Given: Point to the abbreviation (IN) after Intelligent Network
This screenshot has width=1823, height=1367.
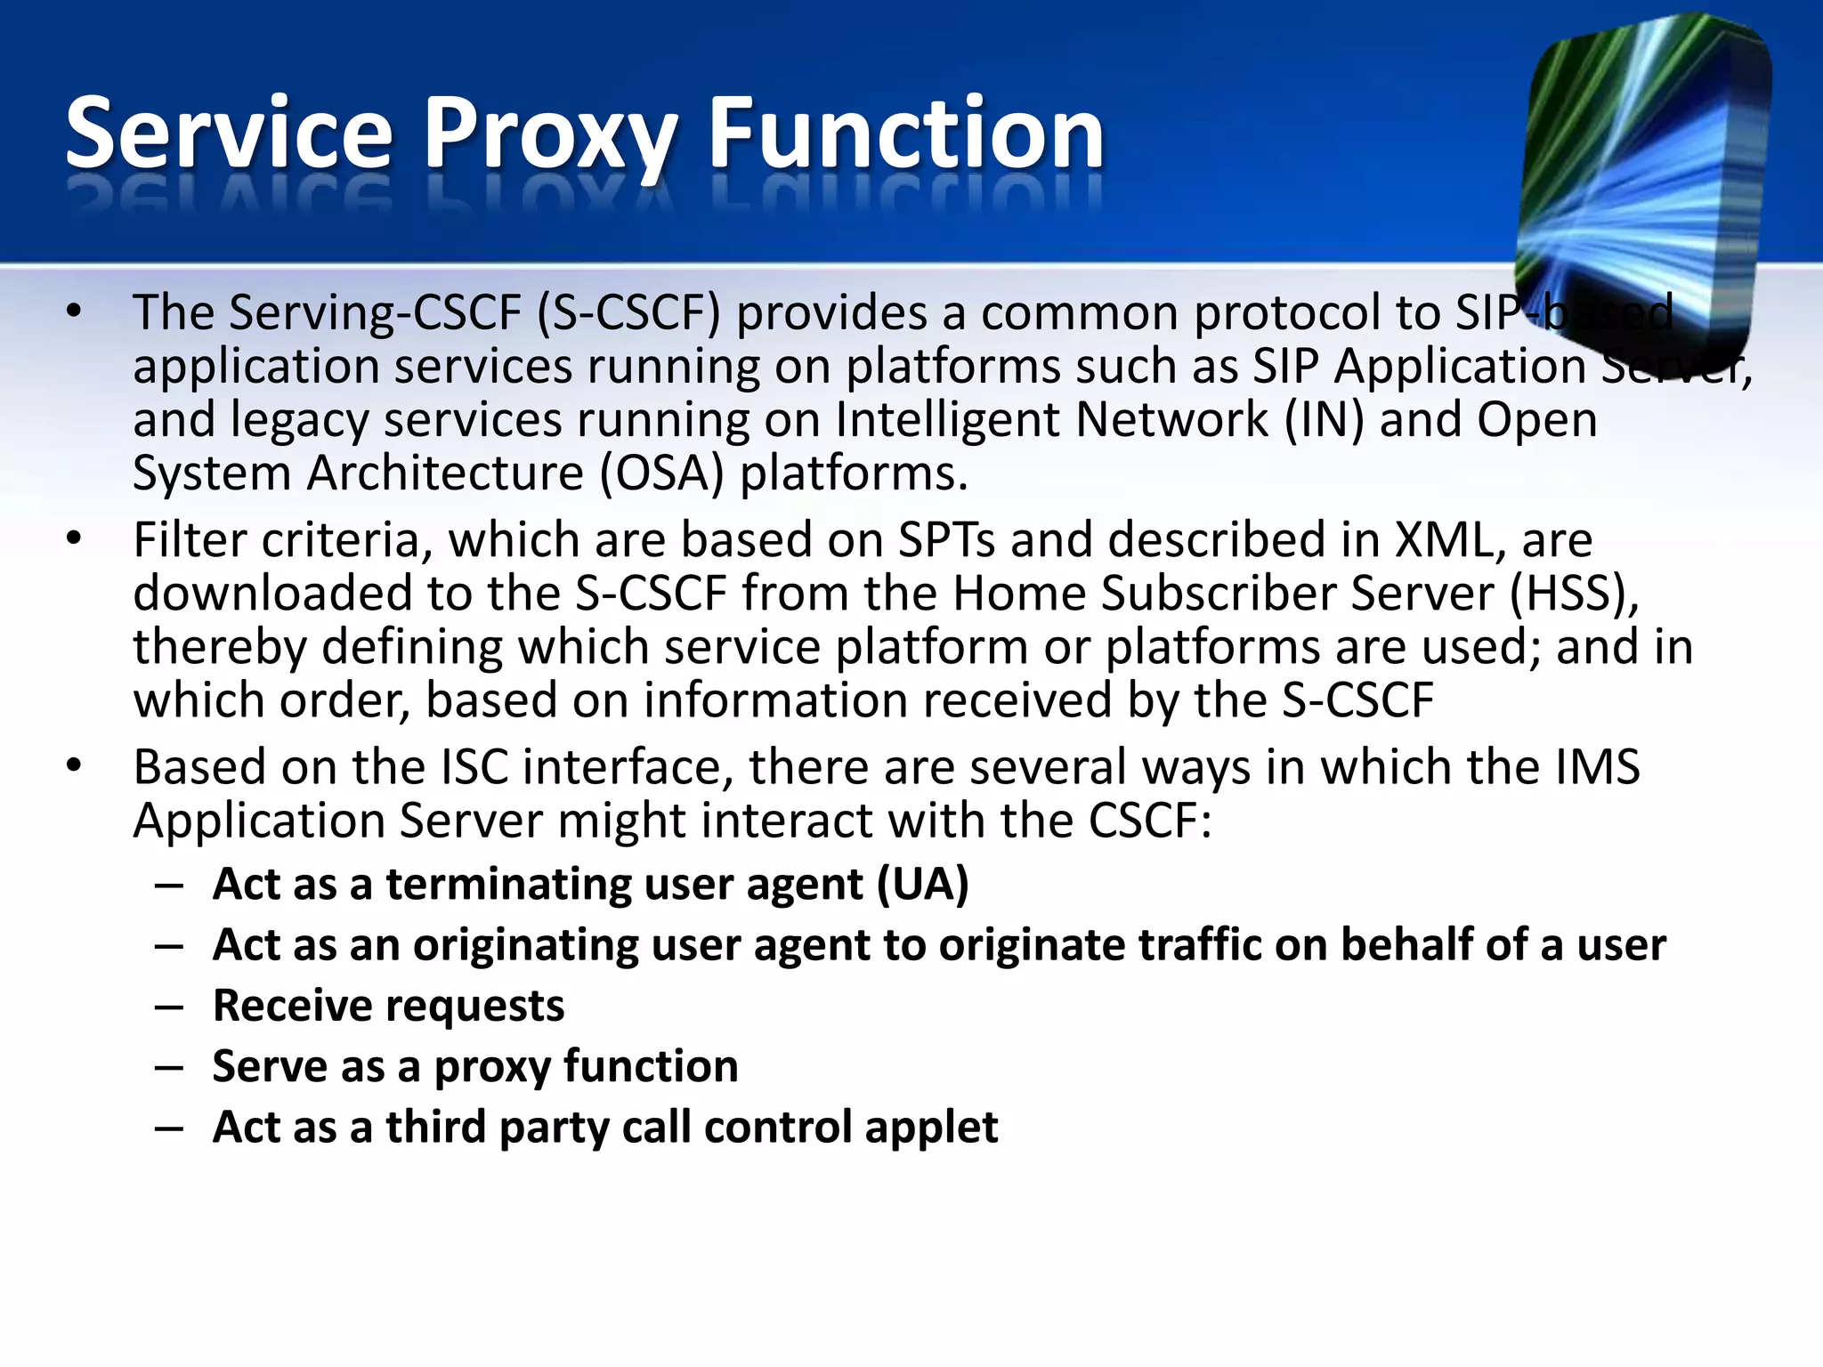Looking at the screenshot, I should tap(1324, 419).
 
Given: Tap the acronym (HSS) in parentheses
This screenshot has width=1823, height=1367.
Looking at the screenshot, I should tap(1574, 593).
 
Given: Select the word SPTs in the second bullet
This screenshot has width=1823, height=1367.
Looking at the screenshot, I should tap(946, 539).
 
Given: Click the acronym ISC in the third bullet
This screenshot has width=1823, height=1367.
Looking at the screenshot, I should tap(474, 766).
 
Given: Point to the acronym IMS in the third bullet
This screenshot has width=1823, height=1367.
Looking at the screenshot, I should tap(1598, 766).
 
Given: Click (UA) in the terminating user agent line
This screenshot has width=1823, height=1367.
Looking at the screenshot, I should tap(922, 884).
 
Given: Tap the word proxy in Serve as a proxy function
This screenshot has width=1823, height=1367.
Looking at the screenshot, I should tap(491, 1067).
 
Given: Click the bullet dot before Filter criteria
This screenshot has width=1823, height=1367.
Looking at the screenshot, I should tap(74, 539).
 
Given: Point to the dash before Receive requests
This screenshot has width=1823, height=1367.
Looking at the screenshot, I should tap(169, 1007).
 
